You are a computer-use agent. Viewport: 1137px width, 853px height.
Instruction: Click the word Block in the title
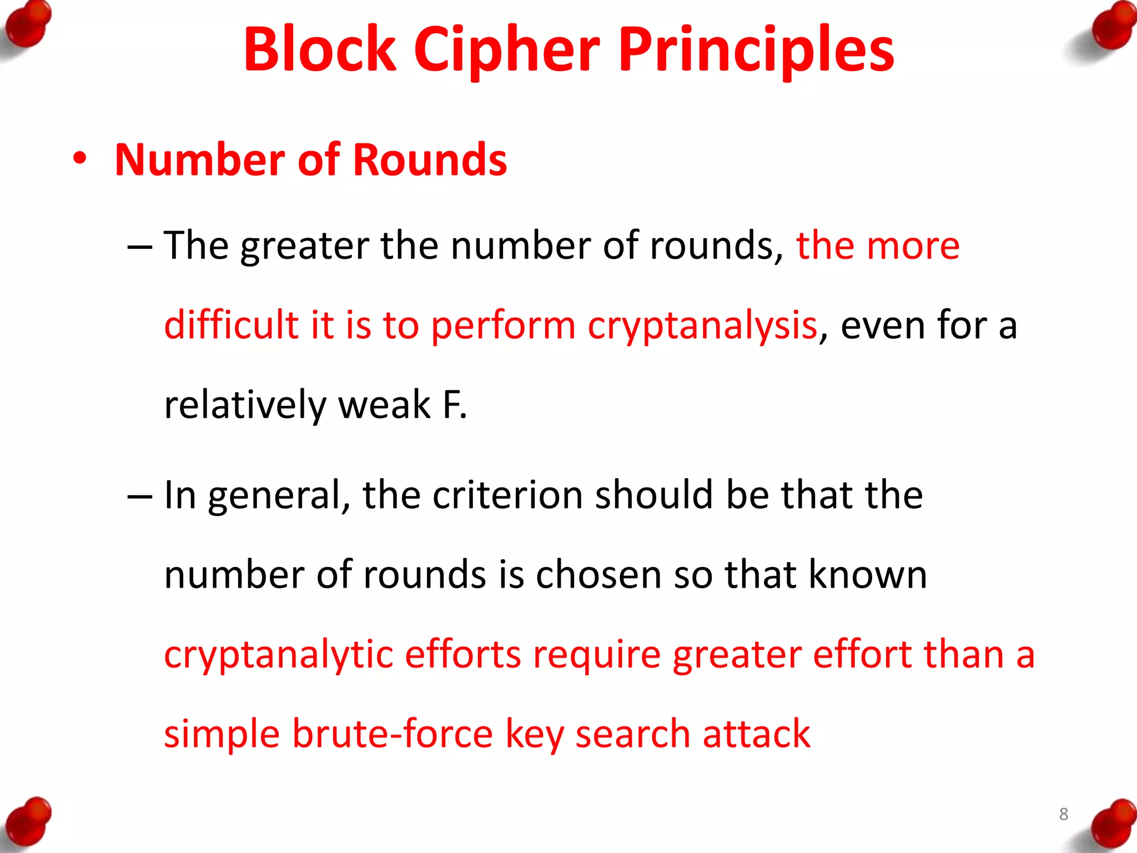(320, 50)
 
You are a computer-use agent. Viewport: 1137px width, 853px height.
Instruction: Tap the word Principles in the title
(756, 50)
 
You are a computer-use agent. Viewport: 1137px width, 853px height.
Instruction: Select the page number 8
(1063, 814)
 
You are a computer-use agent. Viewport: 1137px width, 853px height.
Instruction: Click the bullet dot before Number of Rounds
(80, 159)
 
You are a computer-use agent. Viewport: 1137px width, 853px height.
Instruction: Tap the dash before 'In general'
(139, 496)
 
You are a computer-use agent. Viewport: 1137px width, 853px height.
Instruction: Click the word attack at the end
(756, 734)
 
